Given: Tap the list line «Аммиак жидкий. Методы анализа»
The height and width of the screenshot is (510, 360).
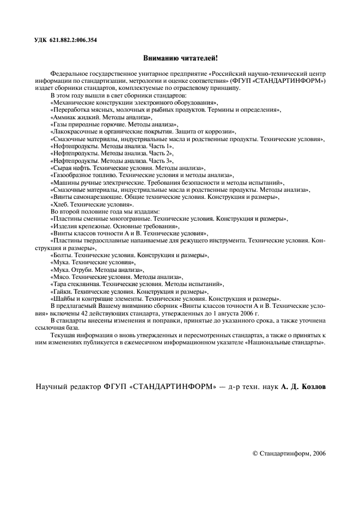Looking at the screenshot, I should coord(101,117).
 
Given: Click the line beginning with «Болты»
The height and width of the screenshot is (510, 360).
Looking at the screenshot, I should coord(129,255).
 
